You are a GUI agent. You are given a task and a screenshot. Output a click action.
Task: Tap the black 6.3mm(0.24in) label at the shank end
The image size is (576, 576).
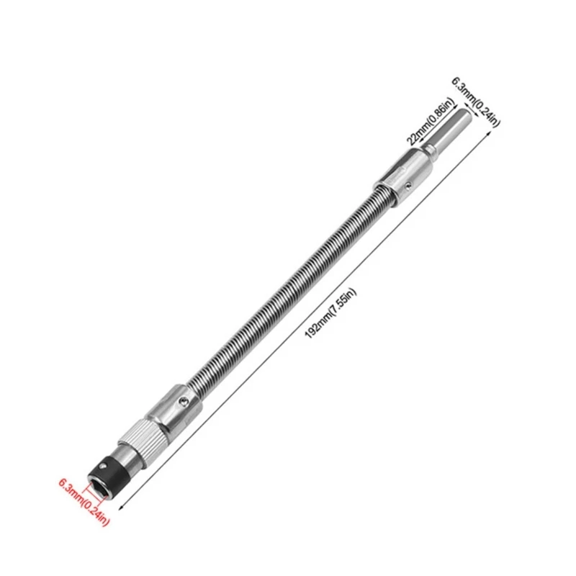click(x=475, y=100)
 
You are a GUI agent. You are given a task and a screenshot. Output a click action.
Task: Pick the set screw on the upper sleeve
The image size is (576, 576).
click(x=408, y=185)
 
